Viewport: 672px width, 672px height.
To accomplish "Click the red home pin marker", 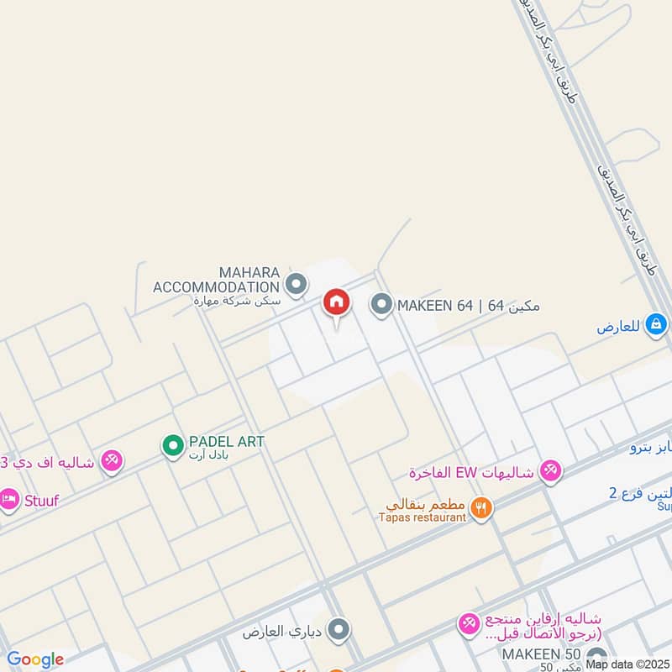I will [336, 302].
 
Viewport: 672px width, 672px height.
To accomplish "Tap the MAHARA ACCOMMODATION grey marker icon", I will [296, 286].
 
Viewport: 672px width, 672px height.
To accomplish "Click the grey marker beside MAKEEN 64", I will [381, 305].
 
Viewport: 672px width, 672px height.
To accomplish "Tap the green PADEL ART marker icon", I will [173, 444].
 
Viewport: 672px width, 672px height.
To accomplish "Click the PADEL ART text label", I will [226, 442].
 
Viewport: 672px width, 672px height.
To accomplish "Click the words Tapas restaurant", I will [423, 518].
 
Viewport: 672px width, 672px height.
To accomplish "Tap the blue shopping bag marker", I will [657, 323].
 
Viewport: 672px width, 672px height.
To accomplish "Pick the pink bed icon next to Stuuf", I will [8, 499].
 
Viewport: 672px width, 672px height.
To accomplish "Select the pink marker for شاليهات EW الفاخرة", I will [550, 470].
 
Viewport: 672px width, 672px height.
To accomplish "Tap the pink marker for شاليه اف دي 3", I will [111, 461].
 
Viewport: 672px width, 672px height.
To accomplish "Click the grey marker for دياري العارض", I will [339, 628].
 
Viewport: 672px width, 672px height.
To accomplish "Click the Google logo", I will [35, 659].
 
